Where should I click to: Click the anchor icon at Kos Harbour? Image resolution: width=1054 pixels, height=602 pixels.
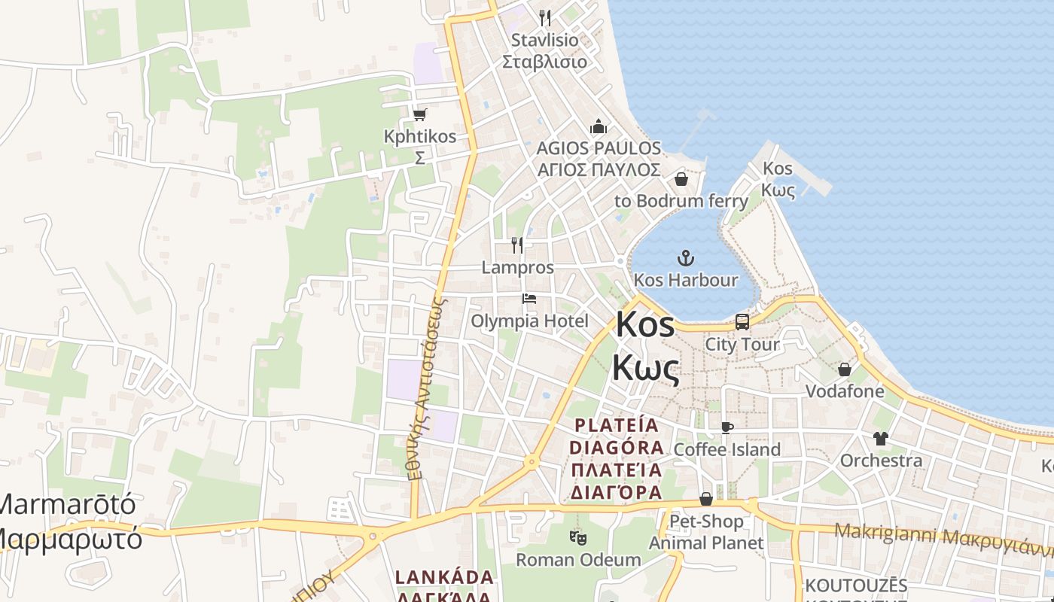click(x=685, y=259)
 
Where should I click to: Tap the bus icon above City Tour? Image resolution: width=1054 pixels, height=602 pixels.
click(x=742, y=322)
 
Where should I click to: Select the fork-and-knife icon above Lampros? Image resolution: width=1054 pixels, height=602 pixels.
click(x=517, y=245)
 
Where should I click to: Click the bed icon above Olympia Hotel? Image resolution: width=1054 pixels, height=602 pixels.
click(x=529, y=299)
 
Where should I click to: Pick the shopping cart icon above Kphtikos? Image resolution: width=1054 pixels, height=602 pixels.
click(x=419, y=114)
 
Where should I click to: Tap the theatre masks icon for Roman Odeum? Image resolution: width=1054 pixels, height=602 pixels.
click(x=578, y=537)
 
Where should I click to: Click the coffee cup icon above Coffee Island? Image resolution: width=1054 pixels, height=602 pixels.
click(x=727, y=427)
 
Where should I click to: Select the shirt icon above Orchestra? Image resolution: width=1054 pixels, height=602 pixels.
click(x=881, y=438)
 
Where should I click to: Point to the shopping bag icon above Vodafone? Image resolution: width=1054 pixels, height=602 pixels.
click(x=845, y=369)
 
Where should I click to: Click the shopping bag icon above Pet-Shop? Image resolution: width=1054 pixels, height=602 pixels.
click(x=706, y=499)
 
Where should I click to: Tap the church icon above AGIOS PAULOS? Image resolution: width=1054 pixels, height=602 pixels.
click(x=599, y=126)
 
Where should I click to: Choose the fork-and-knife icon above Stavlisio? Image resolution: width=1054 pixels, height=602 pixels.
click(x=545, y=17)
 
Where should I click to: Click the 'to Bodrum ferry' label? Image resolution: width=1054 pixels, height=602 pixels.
click(x=681, y=201)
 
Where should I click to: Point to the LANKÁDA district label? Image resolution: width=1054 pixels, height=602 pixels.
click(x=445, y=578)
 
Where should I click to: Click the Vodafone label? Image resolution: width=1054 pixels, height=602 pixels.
click(x=845, y=391)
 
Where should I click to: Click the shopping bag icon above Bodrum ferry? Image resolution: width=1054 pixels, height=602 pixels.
click(x=681, y=179)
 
